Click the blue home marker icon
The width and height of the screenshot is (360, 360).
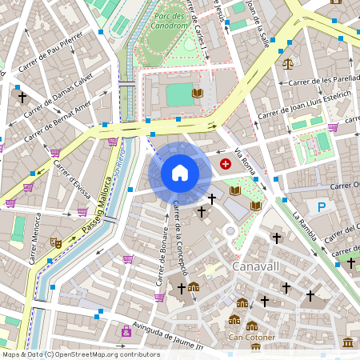click(180, 173)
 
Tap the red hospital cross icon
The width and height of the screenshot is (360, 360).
click(226, 163)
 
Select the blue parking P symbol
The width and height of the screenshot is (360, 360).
click(322, 207)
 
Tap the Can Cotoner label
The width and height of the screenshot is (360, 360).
click(253, 337)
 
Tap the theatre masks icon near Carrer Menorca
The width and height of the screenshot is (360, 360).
click(56, 242)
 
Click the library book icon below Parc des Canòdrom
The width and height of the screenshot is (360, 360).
click(198, 94)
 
